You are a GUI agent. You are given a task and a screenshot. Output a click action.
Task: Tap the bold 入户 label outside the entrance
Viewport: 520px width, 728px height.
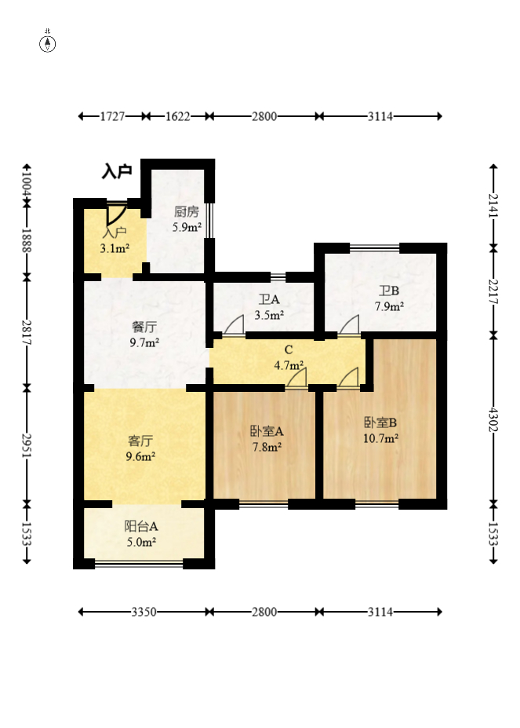pos(117,171)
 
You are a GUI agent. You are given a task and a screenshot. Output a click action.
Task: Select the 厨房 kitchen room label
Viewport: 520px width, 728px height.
pos(187,212)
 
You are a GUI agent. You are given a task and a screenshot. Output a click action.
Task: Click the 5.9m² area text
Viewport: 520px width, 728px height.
pos(187,227)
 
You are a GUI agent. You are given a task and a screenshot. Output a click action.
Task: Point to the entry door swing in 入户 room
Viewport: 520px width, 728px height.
pos(115,214)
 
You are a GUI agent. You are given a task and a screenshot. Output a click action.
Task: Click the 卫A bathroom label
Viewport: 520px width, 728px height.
pos(269,299)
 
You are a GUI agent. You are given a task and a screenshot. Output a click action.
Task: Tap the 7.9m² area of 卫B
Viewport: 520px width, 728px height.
pos(389,306)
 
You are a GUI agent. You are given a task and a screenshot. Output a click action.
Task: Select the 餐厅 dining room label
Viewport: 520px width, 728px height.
pos(144,327)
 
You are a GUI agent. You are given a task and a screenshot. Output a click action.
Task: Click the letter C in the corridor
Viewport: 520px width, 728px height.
pos(289,349)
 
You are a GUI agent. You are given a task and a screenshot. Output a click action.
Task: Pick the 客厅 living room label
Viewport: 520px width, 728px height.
pos(140,441)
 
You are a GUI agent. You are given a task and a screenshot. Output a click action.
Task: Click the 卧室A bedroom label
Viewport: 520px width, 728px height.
pos(267,431)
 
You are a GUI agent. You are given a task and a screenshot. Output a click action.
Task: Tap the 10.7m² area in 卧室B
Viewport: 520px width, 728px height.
pos(381,438)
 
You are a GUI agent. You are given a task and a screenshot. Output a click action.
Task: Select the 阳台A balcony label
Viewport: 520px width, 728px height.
pos(141,526)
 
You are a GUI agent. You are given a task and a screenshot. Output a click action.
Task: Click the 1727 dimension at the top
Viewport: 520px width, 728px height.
pos(112,116)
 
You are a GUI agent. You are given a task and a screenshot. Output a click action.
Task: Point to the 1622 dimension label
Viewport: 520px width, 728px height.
pos(178,116)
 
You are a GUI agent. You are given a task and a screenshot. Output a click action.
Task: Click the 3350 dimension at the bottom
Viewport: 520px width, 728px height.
pos(144,612)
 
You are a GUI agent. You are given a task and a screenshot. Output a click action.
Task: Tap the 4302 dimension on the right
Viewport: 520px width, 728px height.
pos(493,419)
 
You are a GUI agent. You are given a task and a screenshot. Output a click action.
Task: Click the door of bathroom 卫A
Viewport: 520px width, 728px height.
pos(234,325)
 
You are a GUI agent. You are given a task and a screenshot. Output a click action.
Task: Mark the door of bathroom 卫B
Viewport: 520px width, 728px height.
pos(349,325)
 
